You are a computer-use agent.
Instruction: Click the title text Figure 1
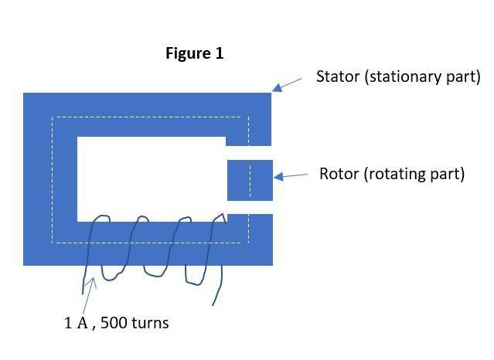(194, 53)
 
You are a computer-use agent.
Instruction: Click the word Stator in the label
(338, 76)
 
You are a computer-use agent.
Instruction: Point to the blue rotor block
(250, 179)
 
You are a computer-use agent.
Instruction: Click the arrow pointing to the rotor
(291, 176)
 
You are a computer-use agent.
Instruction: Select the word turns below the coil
(149, 323)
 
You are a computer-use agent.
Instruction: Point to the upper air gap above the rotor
(250, 152)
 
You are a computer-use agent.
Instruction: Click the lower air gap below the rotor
(250, 206)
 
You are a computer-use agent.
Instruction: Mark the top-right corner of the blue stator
(271, 94)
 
